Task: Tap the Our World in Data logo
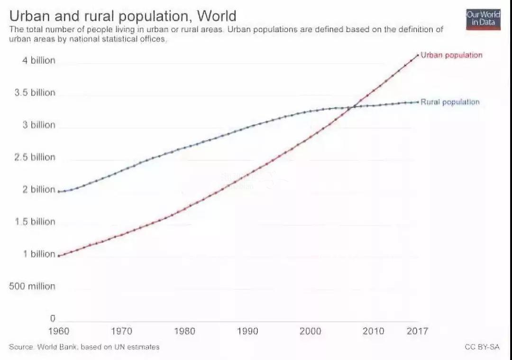483,18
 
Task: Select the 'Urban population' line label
451,55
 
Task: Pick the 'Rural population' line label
450,102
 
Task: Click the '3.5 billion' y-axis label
35,92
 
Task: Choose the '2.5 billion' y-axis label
35,157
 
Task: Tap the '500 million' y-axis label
32,286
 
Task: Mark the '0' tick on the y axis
53,318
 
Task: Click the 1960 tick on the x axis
58,331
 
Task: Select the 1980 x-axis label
184,331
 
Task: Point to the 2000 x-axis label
310,331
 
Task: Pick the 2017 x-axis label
417,331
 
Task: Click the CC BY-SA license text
482,347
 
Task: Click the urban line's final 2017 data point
418,55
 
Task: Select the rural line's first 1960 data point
58,191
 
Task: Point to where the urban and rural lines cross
351,107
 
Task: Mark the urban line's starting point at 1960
58,256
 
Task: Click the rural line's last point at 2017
418,102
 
